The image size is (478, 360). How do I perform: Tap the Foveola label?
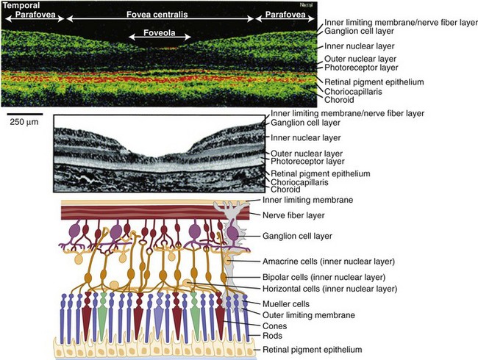(x=160, y=34)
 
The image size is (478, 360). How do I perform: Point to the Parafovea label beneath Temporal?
(x=29, y=13)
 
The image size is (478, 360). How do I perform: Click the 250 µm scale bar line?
(x=22, y=113)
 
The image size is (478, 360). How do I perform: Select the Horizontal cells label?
(x=323, y=289)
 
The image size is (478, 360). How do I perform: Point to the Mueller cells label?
(x=290, y=303)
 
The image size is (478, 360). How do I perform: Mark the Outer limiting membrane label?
(x=310, y=314)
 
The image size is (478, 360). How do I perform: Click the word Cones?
(x=275, y=326)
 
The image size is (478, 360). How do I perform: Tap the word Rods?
(x=273, y=336)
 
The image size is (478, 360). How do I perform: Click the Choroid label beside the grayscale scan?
(x=287, y=190)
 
